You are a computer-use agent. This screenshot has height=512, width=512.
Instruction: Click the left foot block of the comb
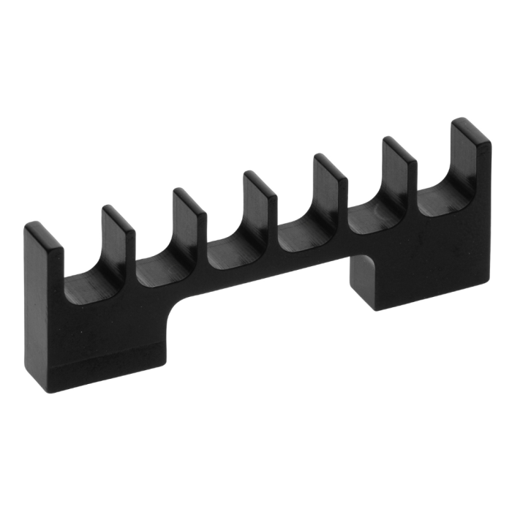point(95,344)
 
